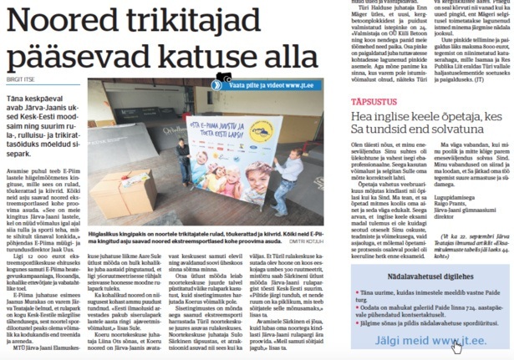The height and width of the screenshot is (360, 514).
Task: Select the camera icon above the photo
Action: [224, 77]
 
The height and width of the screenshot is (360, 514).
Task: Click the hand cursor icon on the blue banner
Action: [455, 346]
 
